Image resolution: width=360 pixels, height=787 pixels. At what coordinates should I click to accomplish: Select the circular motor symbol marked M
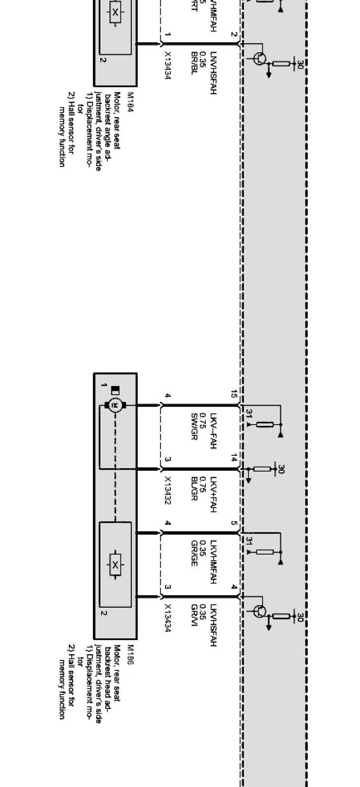pos(114,406)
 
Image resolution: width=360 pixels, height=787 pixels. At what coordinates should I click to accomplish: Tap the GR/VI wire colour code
pos(194,612)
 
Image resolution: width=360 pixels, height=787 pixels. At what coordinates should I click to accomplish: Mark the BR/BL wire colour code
pos(194,62)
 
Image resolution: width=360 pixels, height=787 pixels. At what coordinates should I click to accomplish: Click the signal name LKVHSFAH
pos(213,625)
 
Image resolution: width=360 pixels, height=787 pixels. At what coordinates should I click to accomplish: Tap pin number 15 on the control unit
pos(234,394)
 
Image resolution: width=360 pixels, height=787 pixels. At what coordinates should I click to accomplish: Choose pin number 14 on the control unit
pos(234,458)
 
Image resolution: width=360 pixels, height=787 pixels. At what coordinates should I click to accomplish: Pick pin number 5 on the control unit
pos(234,523)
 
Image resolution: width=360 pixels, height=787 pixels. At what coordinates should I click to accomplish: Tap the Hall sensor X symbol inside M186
pos(115,564)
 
